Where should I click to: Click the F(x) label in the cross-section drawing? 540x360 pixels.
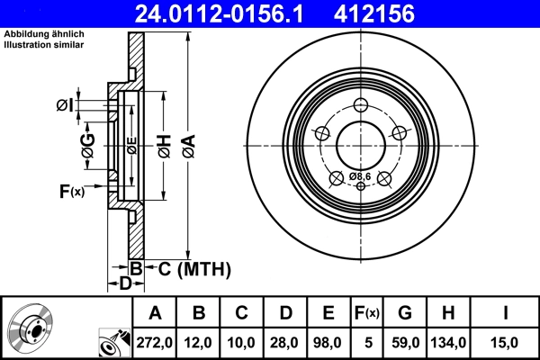[71, 191]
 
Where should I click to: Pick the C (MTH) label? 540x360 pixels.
[188, 268]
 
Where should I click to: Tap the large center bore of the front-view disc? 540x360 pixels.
[360, 144]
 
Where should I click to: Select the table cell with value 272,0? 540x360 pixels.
[155, 343]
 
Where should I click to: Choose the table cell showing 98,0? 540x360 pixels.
[328, 343]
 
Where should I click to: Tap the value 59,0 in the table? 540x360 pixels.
[405, 343]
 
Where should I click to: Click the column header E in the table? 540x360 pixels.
[328, 313]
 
